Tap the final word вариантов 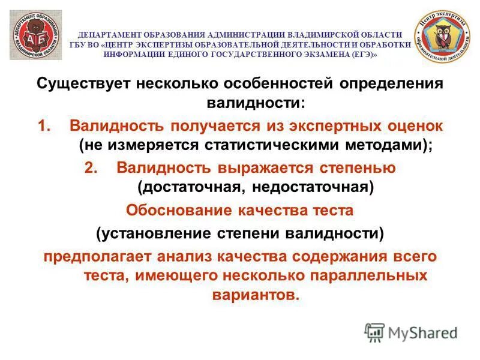click(255, 295)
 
